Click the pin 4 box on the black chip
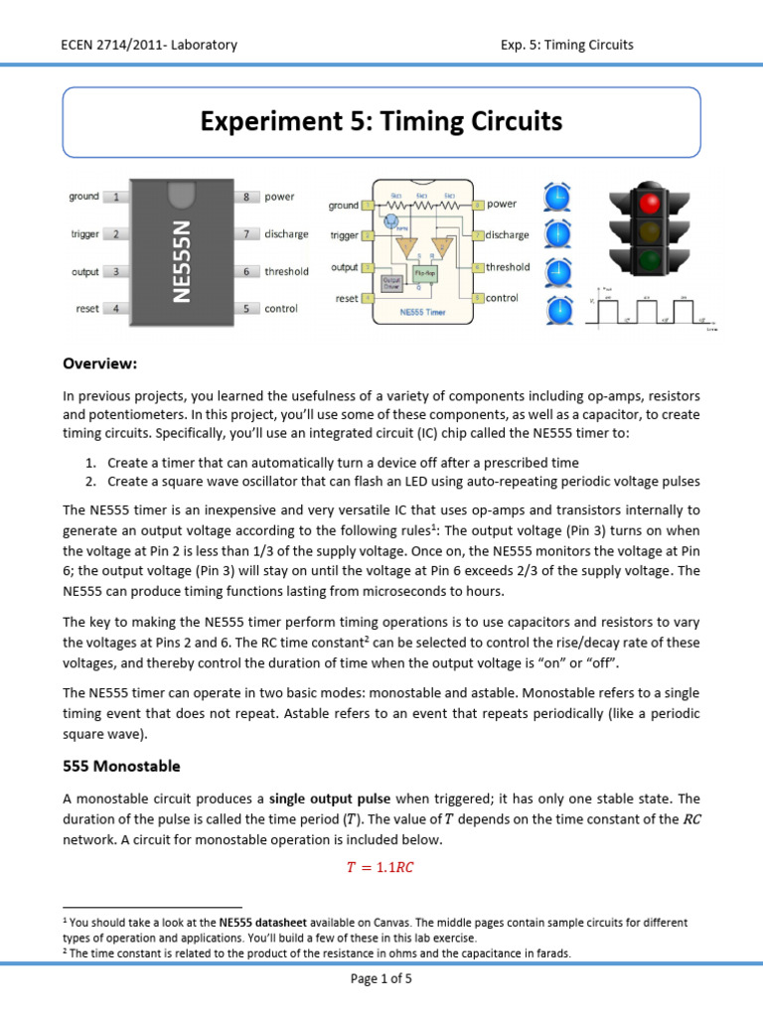coord(115,309)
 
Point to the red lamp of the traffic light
coord(652,205)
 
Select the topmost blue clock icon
coord(557,199)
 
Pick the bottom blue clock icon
coord(557,311)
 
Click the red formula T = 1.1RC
coord(380,866)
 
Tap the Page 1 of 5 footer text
coord(381,978)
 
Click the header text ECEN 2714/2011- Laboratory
coord(149,45)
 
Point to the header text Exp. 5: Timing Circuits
coord(567,45)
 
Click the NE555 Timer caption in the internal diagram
coord(424,312)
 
